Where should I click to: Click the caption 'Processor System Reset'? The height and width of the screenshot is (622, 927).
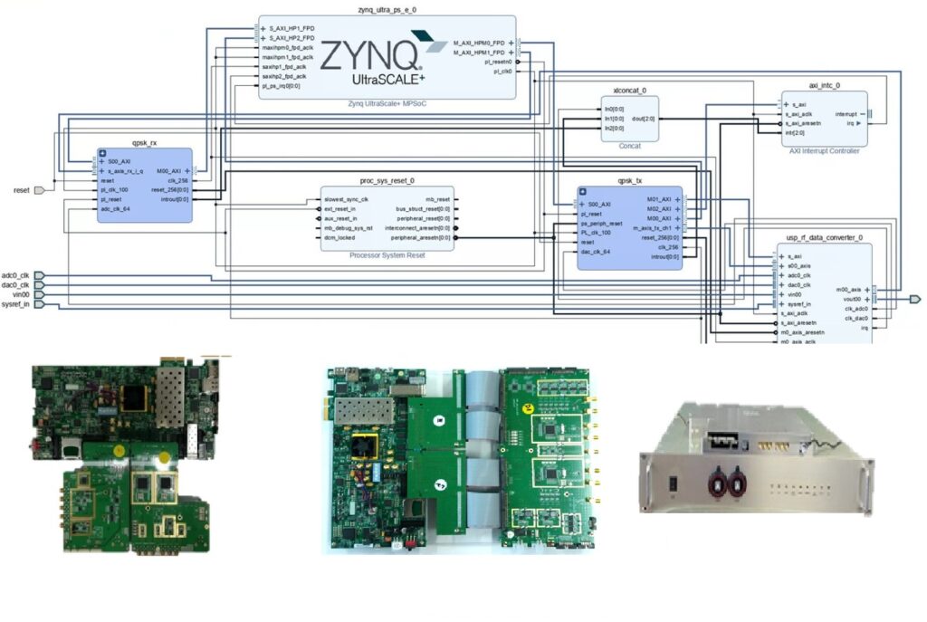point(387,255)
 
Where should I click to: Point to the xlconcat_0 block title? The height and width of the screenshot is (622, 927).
point(629,91)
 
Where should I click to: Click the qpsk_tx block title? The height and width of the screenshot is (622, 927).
point(630,181)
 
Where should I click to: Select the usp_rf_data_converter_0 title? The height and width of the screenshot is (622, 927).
point(825,237)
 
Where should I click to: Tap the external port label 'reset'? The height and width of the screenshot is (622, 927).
point(23,190)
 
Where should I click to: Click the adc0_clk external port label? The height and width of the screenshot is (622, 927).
point(16,275)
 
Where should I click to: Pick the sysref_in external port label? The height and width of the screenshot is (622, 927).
point(16,304)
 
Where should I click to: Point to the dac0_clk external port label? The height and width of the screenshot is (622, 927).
point(16,285)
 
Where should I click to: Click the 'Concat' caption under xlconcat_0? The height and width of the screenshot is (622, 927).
point(629,146)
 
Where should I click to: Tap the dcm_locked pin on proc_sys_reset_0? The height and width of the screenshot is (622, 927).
point(340,238)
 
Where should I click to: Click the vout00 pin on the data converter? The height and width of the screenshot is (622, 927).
point(849,298)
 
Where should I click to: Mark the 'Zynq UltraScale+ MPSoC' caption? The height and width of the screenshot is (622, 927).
point(387,103)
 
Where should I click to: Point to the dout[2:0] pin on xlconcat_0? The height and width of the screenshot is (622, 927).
point(644,119)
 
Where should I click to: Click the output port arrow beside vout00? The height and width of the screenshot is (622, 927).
point(914,298)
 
